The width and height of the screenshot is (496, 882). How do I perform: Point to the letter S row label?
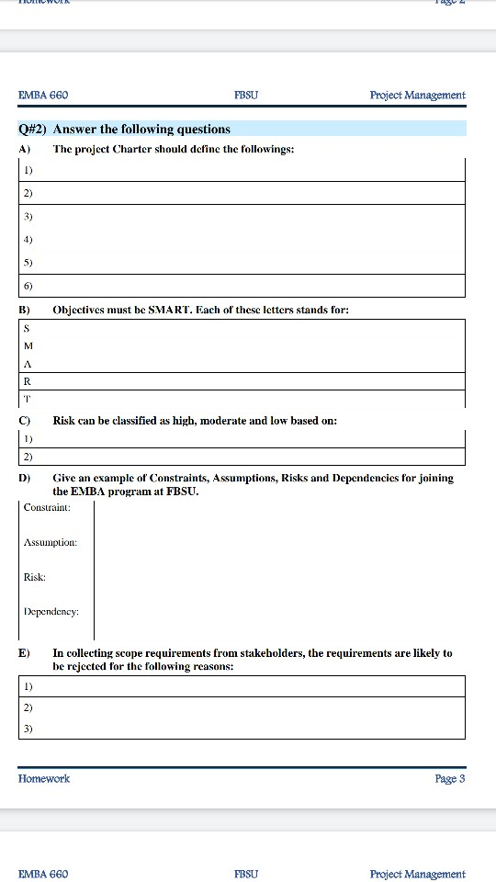click(x=27, y=329)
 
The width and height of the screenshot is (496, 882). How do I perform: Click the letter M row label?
click(x=28, y=345)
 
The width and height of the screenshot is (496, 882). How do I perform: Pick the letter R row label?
click(x=27, y=380)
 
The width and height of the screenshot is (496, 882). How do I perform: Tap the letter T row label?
click(x=27, y=398)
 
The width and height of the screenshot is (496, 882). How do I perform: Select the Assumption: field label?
click(x=51, y=542)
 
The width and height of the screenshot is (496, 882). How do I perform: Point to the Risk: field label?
click(x=35, y=577)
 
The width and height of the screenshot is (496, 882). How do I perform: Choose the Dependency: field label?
click(x=51, y=611)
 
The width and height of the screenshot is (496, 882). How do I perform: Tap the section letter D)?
click(x=25, y=479)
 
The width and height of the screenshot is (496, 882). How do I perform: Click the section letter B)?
click(x=25, y=311)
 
